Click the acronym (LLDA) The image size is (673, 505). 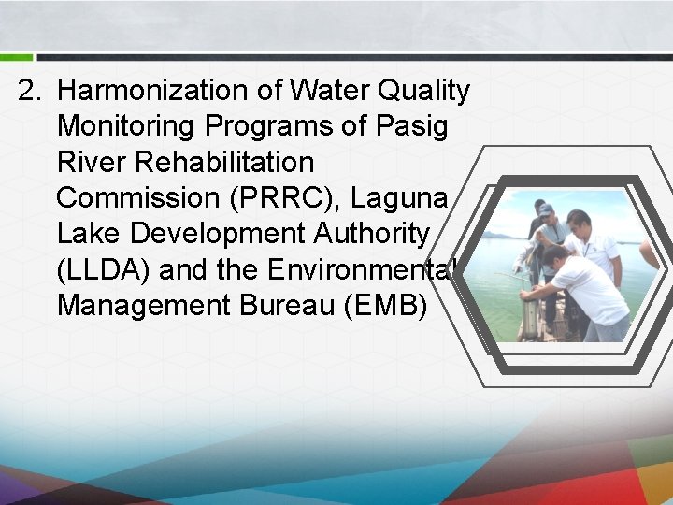pyautogui.click(x=103, y=269)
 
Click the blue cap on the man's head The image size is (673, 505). pyautogui.click(x=545, y=209)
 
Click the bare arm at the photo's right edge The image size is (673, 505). pyautogui.click(x=648, y=252)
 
